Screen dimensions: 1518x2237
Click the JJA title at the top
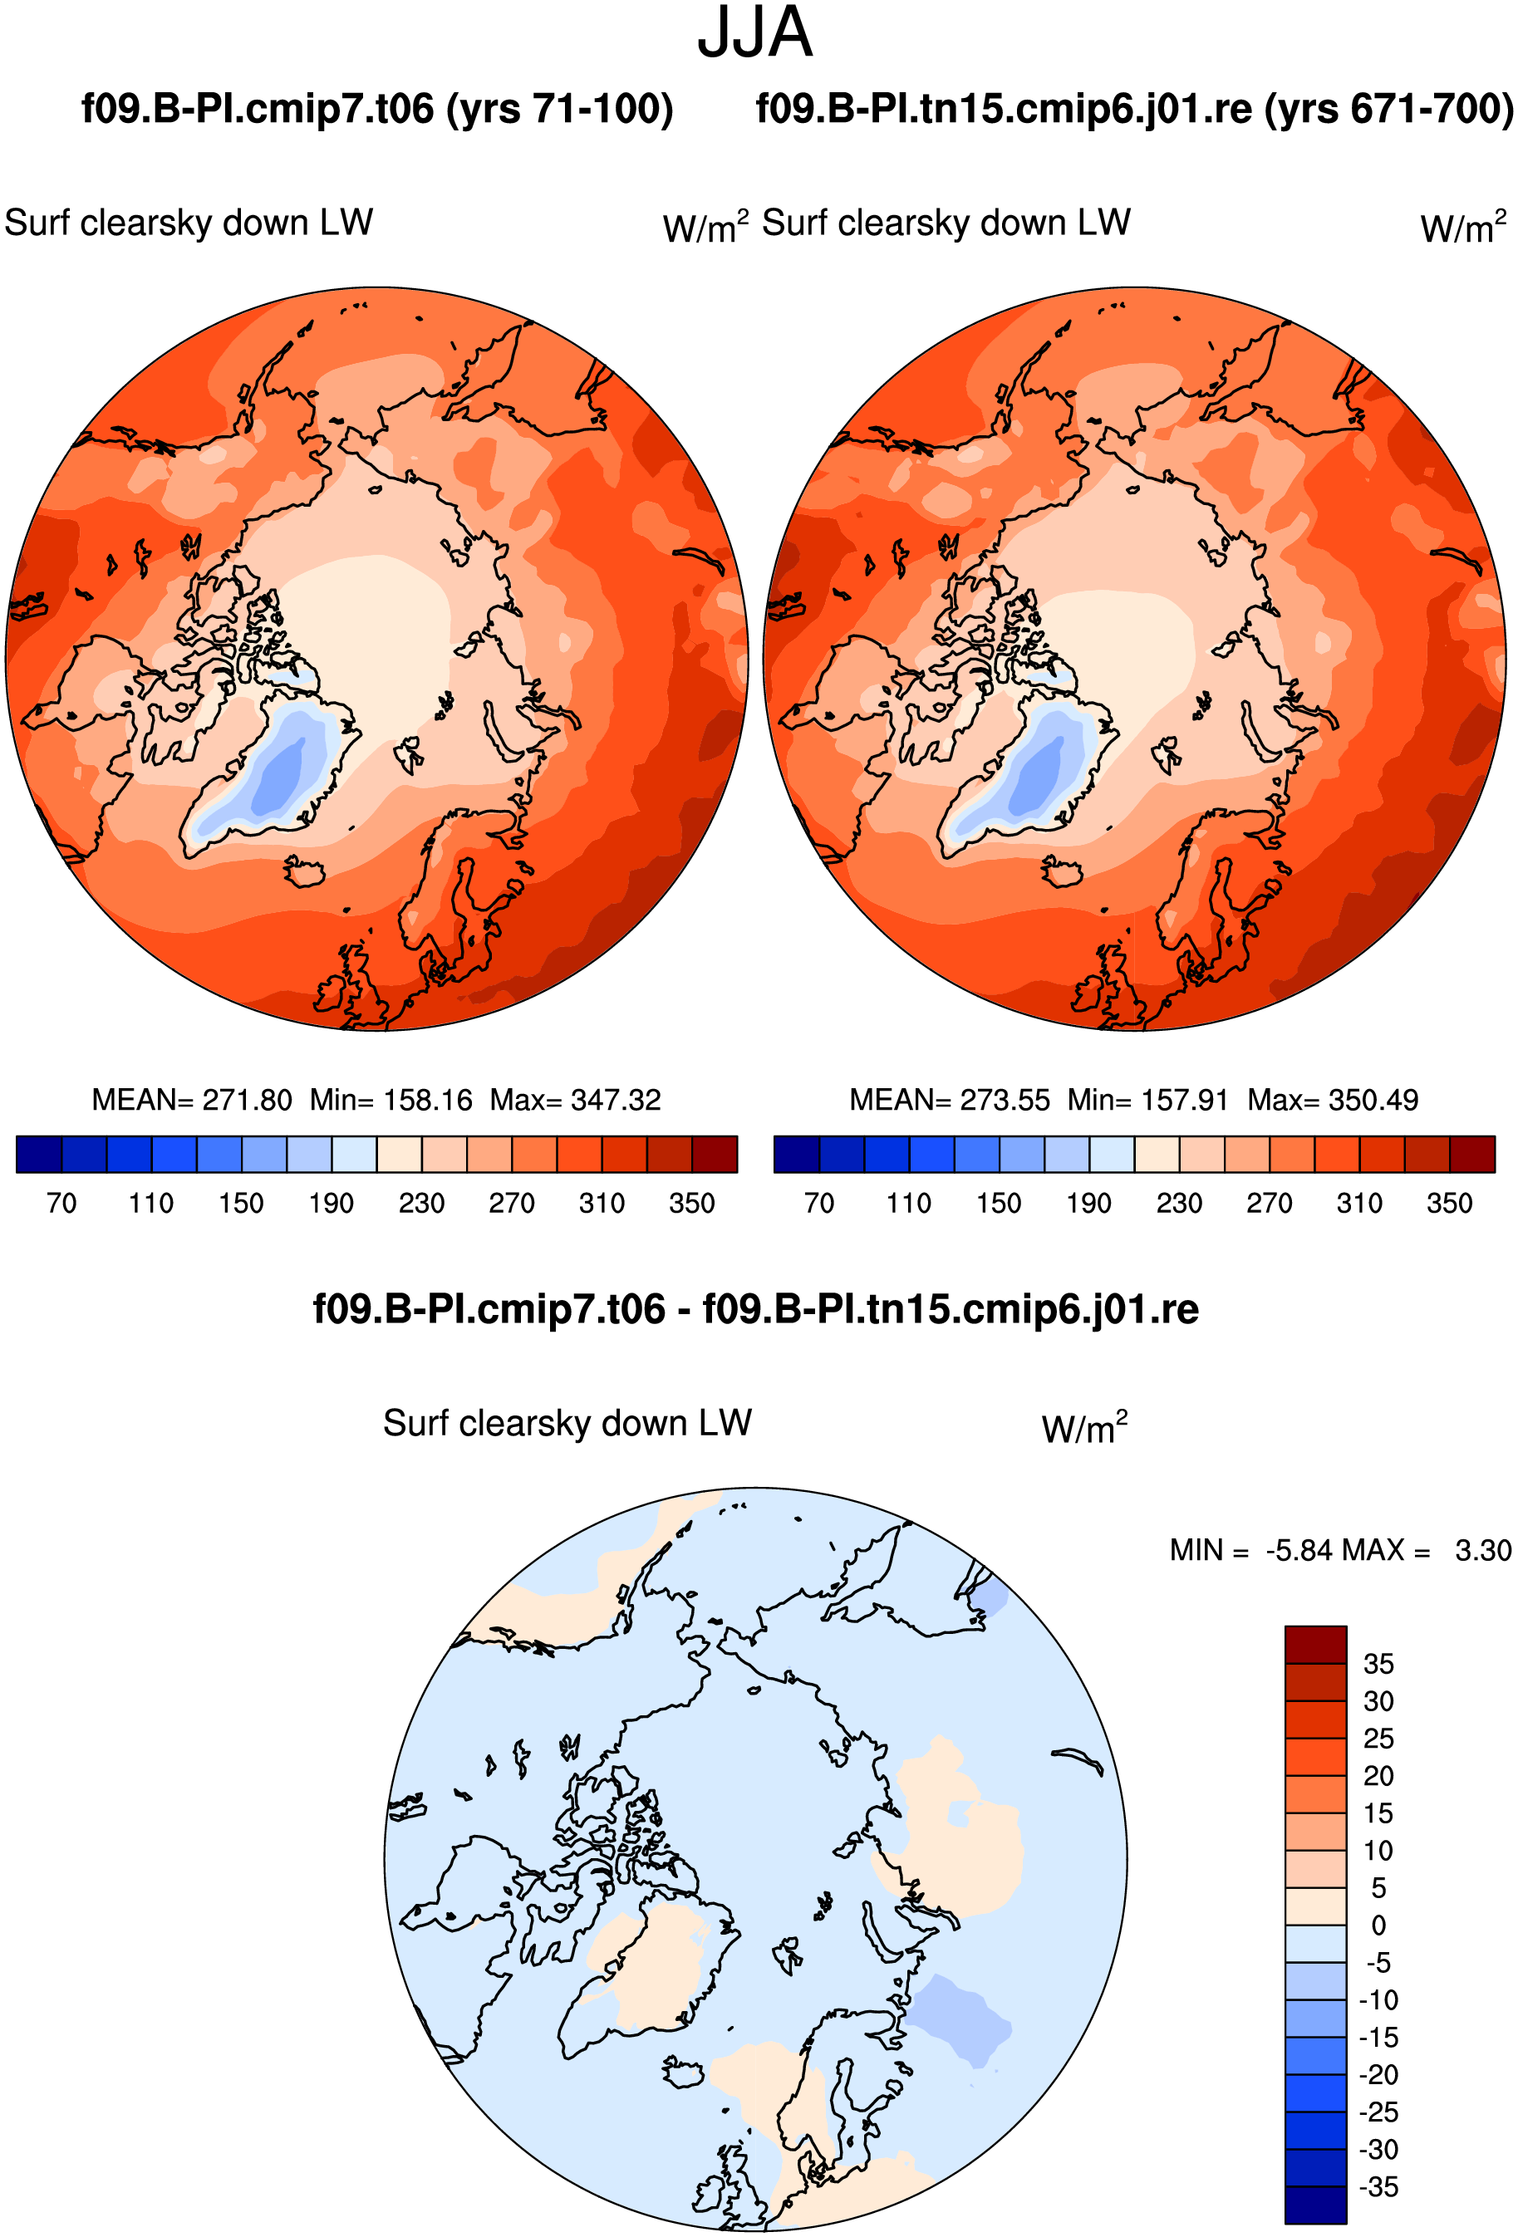[755, 32]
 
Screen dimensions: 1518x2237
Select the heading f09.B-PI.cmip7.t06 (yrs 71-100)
[377, 109]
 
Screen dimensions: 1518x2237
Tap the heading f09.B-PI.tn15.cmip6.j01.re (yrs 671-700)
[1135, 109]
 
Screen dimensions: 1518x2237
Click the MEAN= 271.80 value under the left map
[192, 1099]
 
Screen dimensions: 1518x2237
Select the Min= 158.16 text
[391, 1099]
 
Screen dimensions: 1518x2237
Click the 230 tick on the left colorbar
[421, 1203]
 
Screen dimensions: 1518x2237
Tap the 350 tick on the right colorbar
[1450, 1203]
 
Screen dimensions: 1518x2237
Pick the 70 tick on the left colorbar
[61, 1203]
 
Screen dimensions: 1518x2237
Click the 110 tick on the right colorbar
[909, 1203]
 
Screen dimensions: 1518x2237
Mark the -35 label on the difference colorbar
[1379, 2186]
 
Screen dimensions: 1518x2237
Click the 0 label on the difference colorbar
[1378, 1925]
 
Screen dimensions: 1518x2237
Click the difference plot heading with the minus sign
[755, 1309]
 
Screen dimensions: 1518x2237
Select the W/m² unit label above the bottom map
[1084, 1427]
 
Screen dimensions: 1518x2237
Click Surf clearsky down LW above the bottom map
[567, 1423]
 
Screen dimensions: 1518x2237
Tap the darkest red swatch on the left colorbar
[715, 1154]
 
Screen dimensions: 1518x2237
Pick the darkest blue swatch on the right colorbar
[796, 1154]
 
